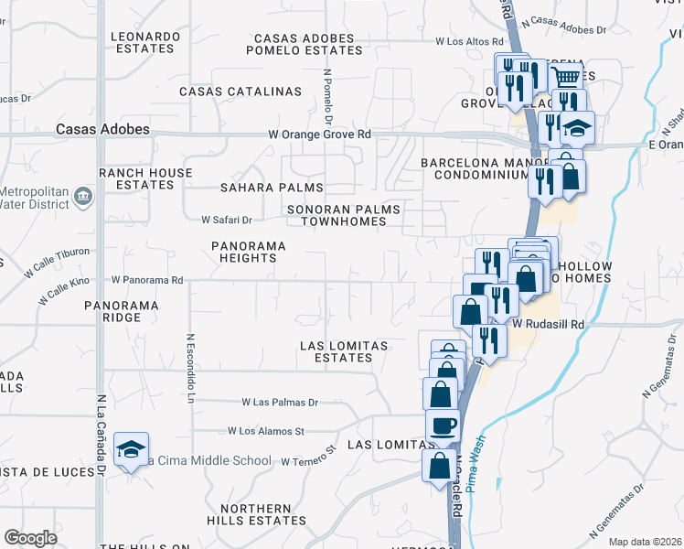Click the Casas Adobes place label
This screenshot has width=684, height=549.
102,130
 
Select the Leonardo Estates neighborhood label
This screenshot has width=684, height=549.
145,43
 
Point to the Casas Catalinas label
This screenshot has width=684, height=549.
240,91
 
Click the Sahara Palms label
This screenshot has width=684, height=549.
260,188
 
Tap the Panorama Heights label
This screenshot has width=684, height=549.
249,253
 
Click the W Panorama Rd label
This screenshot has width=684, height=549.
147,280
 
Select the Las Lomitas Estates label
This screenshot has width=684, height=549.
345,351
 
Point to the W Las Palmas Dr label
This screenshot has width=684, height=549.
280,402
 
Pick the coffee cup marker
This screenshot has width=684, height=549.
444,425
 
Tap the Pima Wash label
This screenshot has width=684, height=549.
473,467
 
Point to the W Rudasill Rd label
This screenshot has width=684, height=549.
548,324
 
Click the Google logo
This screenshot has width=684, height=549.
30,537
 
